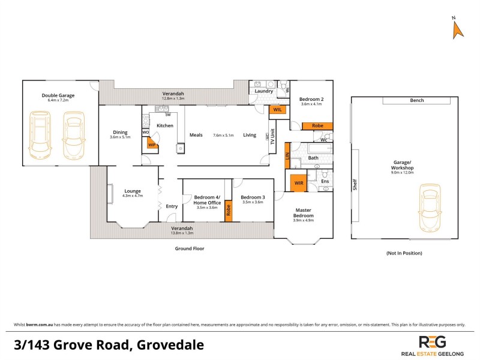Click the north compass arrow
pos(457,29)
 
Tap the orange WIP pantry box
pos(152,144)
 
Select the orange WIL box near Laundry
pos(277,110)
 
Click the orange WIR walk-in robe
pos(298,182)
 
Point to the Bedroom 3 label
pos(253,197)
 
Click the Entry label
pos(172,206)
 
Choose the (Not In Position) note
pos(405,253)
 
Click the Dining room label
pos(120,133)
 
